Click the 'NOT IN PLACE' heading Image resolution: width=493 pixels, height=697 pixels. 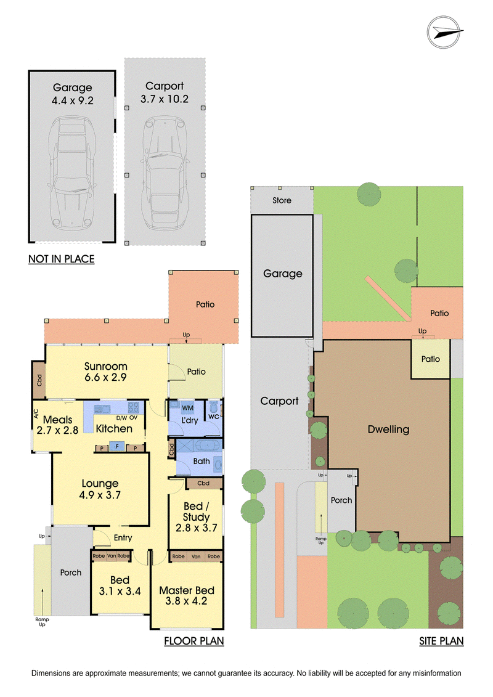62,259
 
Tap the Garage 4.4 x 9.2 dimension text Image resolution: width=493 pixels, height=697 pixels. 73,94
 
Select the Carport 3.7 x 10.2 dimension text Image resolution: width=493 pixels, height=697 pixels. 165,92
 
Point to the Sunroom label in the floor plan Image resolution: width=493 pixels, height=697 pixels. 106,366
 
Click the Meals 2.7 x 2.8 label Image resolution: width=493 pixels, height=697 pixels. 57,425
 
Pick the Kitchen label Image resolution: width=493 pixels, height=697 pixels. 114,428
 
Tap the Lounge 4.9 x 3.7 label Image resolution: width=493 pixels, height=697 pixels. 100,489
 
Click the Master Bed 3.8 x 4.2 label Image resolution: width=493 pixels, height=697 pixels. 187,596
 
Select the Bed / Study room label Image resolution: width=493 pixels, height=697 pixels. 196,517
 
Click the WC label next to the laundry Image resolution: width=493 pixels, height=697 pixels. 213,417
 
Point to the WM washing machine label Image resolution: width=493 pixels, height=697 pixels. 187,407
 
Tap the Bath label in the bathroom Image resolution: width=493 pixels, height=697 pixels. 202,461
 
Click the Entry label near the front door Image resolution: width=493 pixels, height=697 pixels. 123,538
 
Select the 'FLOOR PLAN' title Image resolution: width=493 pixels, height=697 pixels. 194,641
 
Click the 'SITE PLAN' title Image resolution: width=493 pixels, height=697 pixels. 441,641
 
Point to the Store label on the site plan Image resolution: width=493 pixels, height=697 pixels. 282,200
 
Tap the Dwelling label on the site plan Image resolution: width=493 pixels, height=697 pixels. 388,430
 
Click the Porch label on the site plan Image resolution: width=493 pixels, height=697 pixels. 341,500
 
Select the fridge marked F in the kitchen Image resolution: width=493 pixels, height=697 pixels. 117,446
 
